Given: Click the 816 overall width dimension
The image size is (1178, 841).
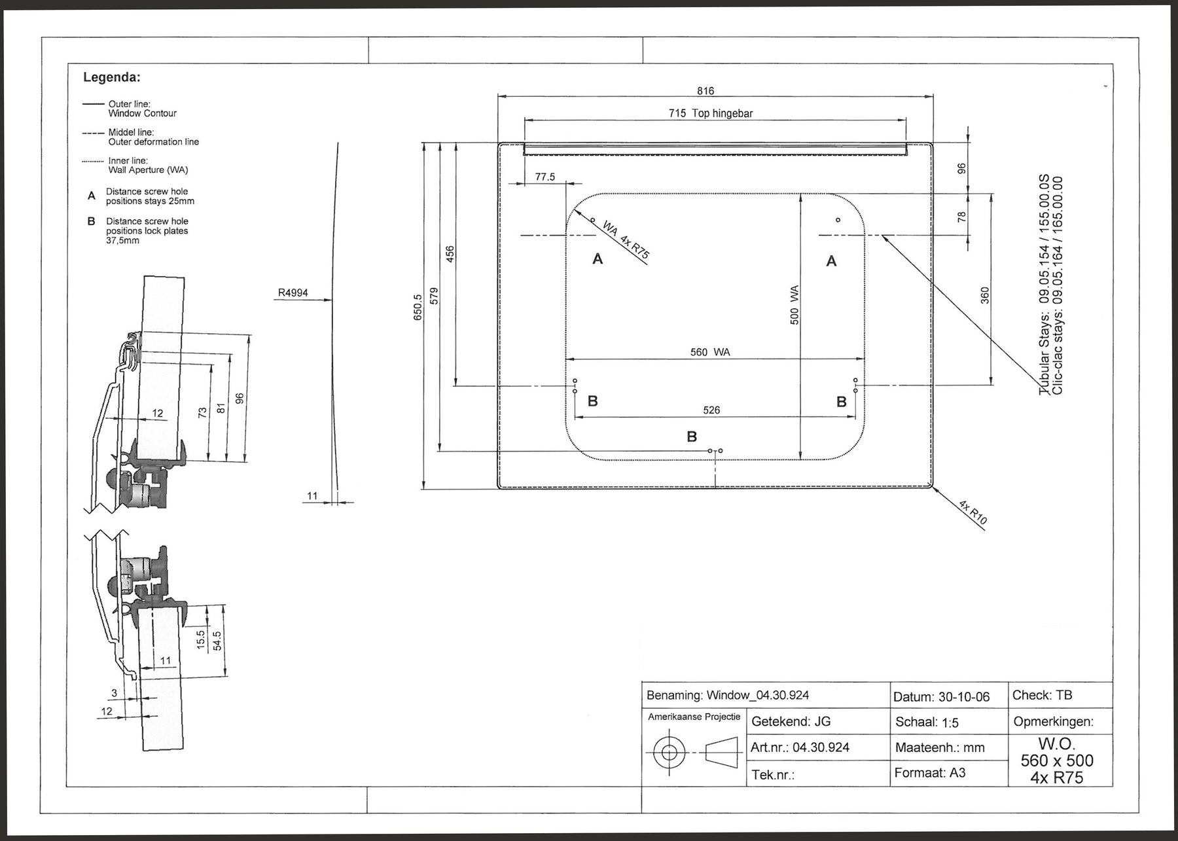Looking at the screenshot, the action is click(x=705, y=91).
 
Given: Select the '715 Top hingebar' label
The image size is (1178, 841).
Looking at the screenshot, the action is click(x=711, y=113).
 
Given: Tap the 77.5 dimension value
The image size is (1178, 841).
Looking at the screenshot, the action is click(x=544, y=177).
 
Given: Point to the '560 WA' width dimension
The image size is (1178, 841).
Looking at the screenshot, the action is click(x=710, y=352).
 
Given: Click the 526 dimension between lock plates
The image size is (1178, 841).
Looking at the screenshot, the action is click(x=711, y=410).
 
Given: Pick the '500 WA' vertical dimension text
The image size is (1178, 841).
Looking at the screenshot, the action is click(x=794, y=304).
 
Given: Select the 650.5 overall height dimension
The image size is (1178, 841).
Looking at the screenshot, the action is click(x=418, y=306).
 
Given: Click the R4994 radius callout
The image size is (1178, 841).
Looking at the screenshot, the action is click(x=293, y=293).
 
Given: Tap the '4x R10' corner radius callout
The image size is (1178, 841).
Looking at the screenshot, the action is click(x=973, y=512).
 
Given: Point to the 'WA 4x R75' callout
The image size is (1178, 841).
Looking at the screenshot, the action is click(x=626, y=240).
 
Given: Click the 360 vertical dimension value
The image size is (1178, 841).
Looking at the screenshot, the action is click(x=984, y=296).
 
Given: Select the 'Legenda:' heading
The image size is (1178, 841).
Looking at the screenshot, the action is click(x=112, y=77).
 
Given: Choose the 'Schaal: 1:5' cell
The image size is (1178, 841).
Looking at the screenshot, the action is click(x=927, y=723).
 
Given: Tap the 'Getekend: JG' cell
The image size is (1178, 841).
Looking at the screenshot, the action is click(x=791, y=721).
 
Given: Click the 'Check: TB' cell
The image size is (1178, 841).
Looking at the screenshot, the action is click(x=1043, y=695).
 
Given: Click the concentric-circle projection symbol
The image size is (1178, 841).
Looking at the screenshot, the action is click(x=669, y=753).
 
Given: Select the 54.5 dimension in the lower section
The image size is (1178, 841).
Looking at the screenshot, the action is click(x=217, y=640).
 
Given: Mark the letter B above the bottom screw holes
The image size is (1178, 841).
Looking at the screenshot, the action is click(x=692, y=437).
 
